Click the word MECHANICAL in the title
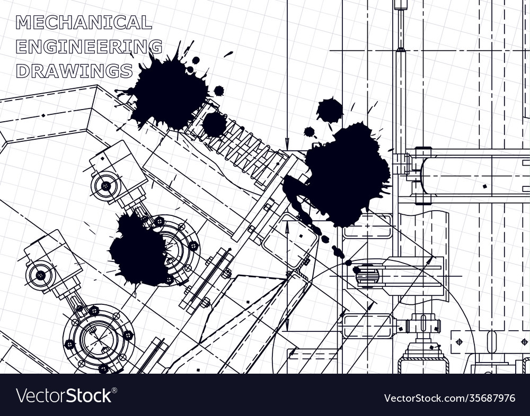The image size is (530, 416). (x=84, y=23)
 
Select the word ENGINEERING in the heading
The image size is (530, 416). (x=89, y=47)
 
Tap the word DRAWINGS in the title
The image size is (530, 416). (x=74, y=70)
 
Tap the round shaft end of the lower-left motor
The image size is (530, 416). (x=40, y=275)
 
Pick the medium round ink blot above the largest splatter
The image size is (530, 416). (x=330, y=111)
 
